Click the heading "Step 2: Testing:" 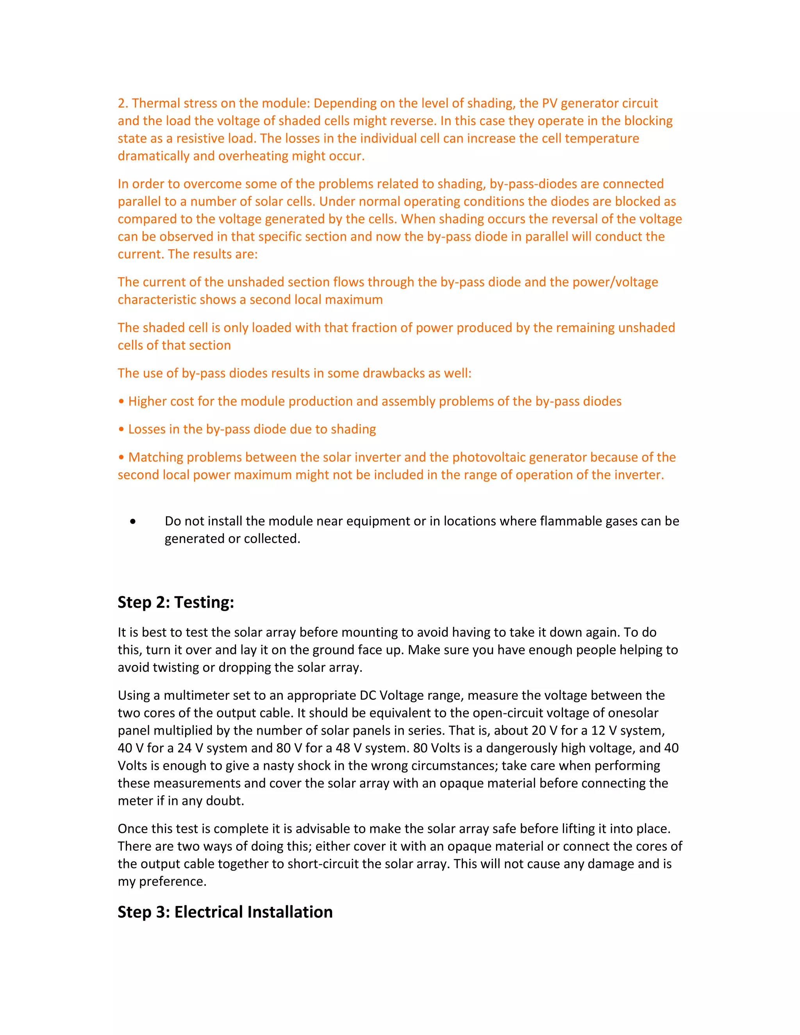pyautogui.click(x=176, y=602)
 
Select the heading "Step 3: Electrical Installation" pyautogui.click(x=225, y=912)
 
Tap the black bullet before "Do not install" pyautogui.click(x=133, y=522)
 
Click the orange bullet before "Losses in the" pyautogui.click(x=121, y=429)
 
